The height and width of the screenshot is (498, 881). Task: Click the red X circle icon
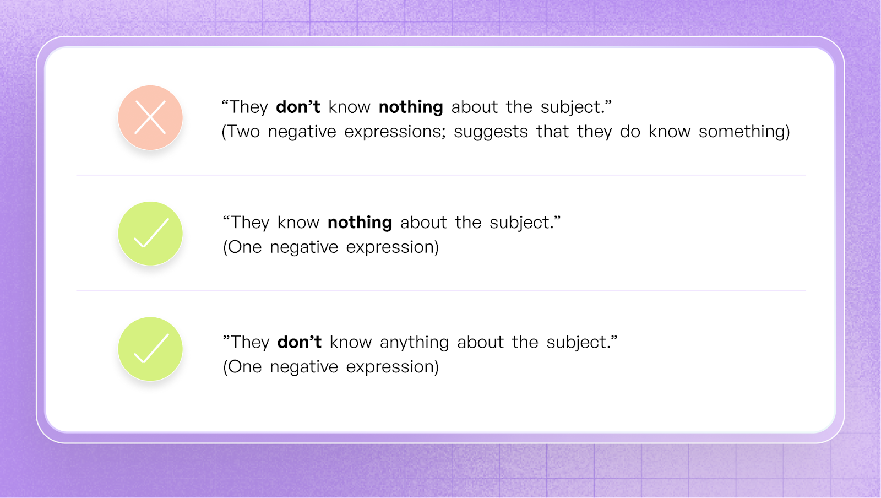[x=150, y=117]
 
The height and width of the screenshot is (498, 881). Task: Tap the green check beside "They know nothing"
[x=150, y=234]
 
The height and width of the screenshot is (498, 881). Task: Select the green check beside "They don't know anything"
[x=150, y=349]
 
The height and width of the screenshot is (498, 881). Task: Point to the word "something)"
[x=744, y=132]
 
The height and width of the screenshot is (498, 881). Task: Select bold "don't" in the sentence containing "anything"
[x=299, y=342]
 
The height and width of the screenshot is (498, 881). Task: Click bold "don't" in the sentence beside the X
[x=298, y=107]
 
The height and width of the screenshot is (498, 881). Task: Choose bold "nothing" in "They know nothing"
[x=360, y=223]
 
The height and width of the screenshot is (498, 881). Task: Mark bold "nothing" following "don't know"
[x=411, y=107]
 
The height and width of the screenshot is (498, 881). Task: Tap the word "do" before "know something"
[x=630, y=132]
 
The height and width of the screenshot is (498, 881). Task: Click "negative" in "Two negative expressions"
[x=302, y=132]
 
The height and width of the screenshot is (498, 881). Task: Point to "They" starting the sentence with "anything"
[x=249, y=342]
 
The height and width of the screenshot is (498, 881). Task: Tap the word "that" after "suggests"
[x=552, y=132]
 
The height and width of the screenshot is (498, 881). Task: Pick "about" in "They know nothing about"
[x=423, y=223]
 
